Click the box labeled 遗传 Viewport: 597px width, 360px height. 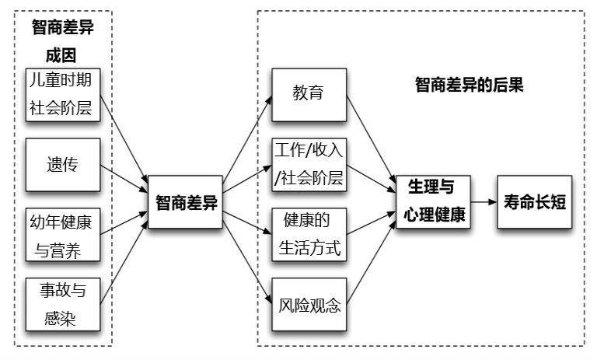[63, 165]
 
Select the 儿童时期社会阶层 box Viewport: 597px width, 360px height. [63, 95]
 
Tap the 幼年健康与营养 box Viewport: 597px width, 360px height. [63, 235]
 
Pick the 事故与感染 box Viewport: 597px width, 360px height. [63, 304]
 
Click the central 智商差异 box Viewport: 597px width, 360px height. [185, 202]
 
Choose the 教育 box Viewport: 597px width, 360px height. [309, 95]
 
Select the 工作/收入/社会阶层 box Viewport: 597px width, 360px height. [309, 165]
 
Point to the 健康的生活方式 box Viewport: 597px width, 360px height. [309, 235]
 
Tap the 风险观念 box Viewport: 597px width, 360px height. [309, 304]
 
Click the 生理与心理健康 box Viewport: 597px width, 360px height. [433, 202]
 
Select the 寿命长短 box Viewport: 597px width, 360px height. [535, 202]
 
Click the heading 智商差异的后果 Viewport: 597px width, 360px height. [469, 85]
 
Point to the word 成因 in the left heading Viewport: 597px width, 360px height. [61, 55]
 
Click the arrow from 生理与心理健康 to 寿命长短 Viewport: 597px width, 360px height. [484, 202]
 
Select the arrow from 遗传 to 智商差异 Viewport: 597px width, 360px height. [124, 179]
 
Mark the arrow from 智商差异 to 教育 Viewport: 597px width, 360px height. [247, 138]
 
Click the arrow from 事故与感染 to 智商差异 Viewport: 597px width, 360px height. [124, 263]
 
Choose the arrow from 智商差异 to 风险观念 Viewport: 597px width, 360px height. [247, 263]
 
